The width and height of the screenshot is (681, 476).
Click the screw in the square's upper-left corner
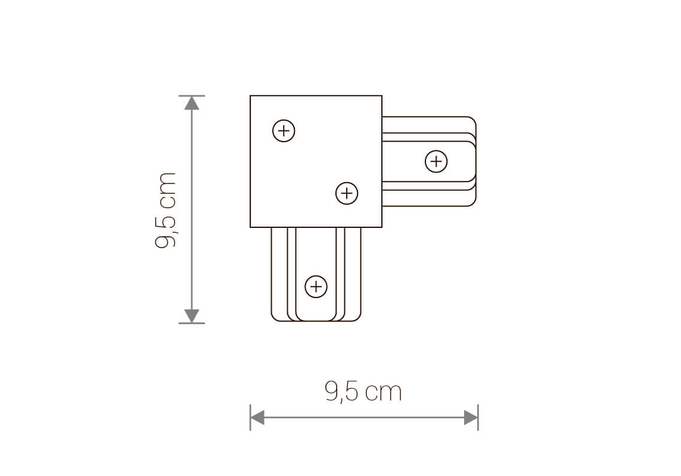(x=284, y=131)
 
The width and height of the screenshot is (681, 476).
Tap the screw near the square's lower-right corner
(x=347, y=193)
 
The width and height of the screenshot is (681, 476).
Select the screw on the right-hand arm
(x=436, y=161)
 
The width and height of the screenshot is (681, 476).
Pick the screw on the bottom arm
(x=316, y=286)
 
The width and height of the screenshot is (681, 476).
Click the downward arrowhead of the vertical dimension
(x=191, y=316)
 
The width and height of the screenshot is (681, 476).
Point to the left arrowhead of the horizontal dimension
(x=257, y=418)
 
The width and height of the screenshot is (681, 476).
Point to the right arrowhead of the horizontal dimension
(x=471, y=418)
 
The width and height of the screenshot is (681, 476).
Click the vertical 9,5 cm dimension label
(x=166, y=210)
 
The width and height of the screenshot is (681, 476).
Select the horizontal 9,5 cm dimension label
(x=363, y=392)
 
